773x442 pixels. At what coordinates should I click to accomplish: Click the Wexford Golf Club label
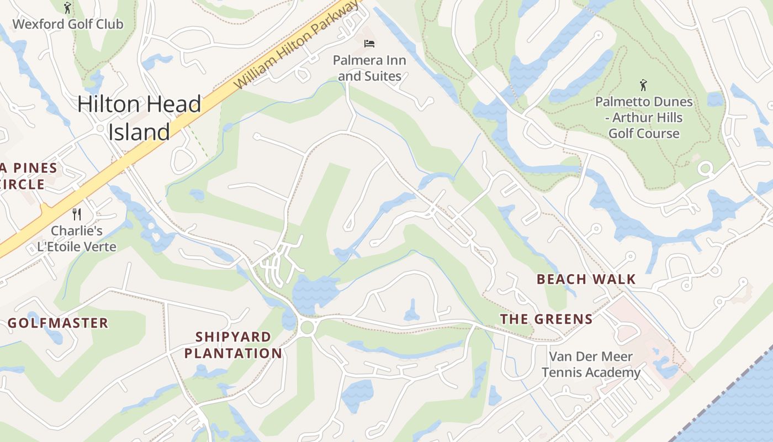(x=67, y=24)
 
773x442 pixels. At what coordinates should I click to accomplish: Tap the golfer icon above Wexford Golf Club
(x=67, y=8)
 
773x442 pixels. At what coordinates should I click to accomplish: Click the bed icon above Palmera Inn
(x=369, y=43)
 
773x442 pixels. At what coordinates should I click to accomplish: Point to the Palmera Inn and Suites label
(x=369, y=68)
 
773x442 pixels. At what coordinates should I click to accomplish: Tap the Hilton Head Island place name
(x=139, y=118)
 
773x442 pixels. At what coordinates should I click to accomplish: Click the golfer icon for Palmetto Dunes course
(x=643, y=85)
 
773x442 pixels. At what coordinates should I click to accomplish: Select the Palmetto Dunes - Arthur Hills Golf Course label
(x=643, y=117)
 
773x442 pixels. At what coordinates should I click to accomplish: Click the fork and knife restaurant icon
(x=77, y=214)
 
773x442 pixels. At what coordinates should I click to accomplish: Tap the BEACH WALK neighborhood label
(x=586, y=279)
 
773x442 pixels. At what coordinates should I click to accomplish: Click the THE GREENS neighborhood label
(x=546, y=319)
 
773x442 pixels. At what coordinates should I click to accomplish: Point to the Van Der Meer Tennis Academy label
(x=591, y=364)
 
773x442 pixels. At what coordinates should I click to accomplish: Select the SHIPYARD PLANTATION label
(x=233, y=345)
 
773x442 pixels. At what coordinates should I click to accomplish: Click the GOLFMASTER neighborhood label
(x=58, y=323)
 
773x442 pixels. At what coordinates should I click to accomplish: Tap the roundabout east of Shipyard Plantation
(x=307, y=327)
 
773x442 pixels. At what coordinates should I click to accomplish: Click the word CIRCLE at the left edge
(x=22, y=184)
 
